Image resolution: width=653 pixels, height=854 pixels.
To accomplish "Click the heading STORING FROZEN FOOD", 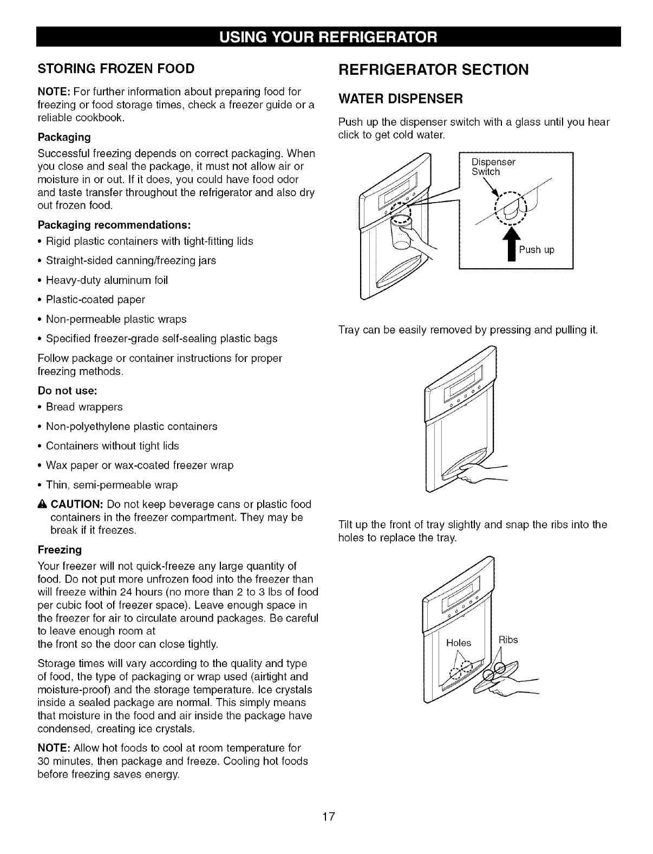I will (x=116, y=69).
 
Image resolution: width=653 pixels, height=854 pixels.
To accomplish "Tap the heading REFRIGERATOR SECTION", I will (x=433, y=70).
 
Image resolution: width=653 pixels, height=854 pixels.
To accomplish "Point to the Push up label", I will (x=537, y=250).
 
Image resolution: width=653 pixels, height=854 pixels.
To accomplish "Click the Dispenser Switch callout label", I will (x=493, y=167).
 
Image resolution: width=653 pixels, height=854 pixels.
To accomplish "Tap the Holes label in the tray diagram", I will (x=459, y=643).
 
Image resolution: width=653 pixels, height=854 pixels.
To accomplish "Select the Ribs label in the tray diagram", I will (x=508, y=640).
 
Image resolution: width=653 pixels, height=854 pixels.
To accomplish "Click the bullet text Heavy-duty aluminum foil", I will (x=107, y=280).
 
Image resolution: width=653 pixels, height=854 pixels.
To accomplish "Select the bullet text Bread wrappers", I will (x=84, y=407).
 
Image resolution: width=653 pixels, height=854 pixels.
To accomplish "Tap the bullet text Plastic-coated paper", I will (x=95, y=300).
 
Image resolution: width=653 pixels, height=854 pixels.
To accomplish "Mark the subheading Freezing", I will (x=60, y=550).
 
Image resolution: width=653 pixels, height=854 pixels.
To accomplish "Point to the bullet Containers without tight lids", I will (x=112, y=446).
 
